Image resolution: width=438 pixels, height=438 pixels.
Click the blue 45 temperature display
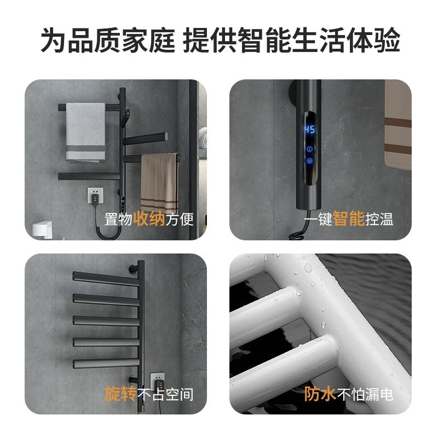[309, 129]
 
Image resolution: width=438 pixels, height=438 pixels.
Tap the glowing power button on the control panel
[309, 161]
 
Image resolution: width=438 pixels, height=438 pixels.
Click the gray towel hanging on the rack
[85, 132]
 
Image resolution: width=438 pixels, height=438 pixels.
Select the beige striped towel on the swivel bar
[159, 183]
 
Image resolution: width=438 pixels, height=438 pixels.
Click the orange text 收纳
[149, 218]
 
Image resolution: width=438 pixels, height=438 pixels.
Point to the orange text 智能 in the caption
[349, 218]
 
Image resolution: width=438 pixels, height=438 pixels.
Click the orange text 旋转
[120, 394]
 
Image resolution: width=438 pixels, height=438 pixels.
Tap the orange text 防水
[320, 394]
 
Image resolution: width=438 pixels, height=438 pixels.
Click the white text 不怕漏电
[365, 394]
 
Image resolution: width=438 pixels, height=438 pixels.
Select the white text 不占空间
[165, 394]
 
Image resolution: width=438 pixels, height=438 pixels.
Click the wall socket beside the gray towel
[95, 195]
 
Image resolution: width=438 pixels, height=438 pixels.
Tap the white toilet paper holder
[43, 229]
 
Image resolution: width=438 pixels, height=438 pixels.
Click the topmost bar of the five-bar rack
[106, 279]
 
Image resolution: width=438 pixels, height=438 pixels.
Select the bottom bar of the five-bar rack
[106, 364]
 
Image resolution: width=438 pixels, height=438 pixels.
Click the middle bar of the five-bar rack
[106, 321]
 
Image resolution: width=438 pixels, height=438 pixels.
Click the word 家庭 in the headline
[148, 40]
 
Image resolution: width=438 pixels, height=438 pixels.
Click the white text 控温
[379, 219]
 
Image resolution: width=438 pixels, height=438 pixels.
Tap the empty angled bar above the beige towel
[145, 139]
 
